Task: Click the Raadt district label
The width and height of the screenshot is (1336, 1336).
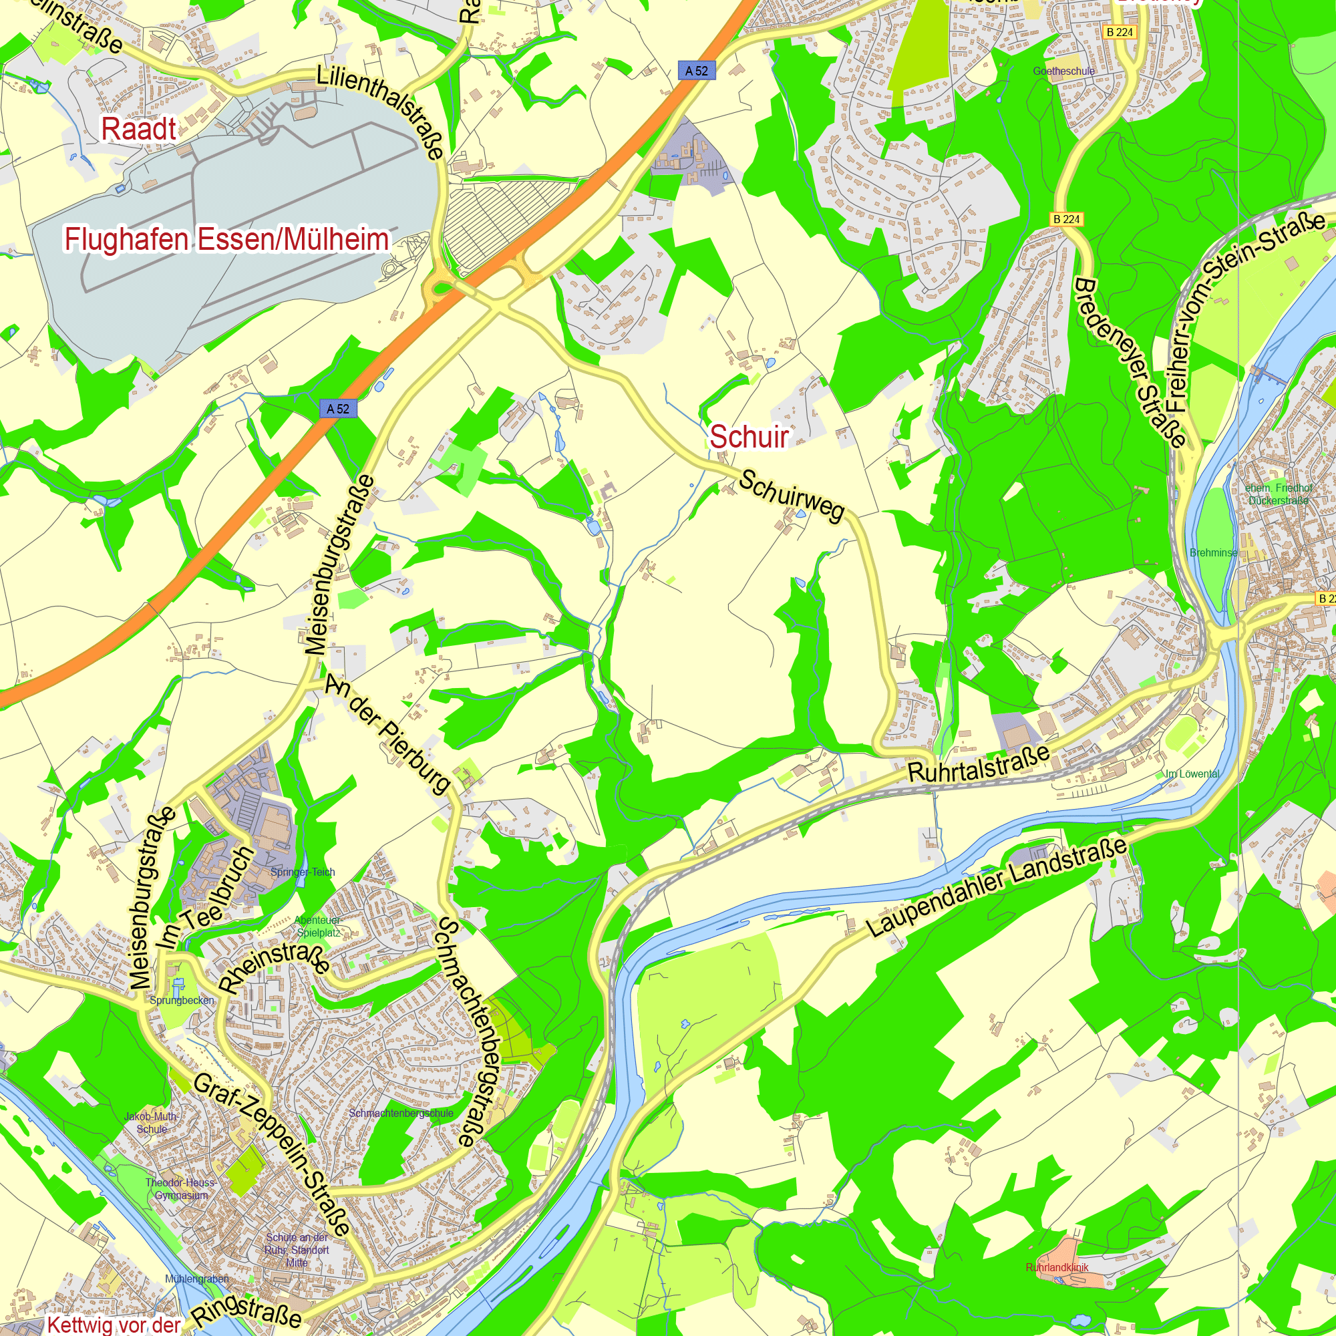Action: [139, 130]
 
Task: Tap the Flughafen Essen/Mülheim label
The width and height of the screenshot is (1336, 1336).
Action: [227, 239]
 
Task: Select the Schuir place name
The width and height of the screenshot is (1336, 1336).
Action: [749, 436]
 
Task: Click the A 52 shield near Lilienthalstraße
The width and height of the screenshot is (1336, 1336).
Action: [696, 71]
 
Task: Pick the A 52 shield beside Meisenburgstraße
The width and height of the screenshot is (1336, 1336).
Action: [338, 409]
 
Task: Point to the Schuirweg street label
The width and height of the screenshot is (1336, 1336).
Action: [792, 496]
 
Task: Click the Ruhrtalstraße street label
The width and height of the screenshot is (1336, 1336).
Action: [979, 765]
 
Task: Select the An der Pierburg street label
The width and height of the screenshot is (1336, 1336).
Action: [388, 733]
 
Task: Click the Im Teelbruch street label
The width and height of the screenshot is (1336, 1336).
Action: [205, 898]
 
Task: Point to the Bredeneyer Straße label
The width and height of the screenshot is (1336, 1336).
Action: [1130, 363]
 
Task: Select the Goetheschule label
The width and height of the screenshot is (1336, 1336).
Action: [1063, 71]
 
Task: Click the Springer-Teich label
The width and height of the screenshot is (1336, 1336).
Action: [303, 872]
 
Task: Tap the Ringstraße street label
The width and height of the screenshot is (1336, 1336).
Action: [247, 1311]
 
